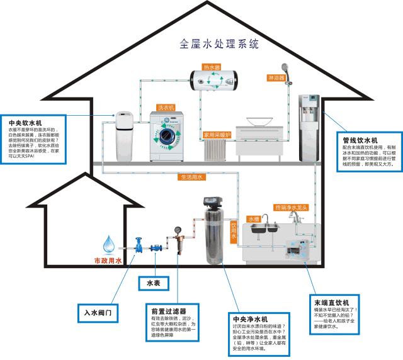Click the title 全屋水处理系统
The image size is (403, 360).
219,45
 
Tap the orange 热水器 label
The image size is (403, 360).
210,67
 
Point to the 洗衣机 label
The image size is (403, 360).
166,108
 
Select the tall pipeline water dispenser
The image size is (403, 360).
310,129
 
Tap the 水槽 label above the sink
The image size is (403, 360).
254,218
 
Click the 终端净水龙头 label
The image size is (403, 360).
290,207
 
